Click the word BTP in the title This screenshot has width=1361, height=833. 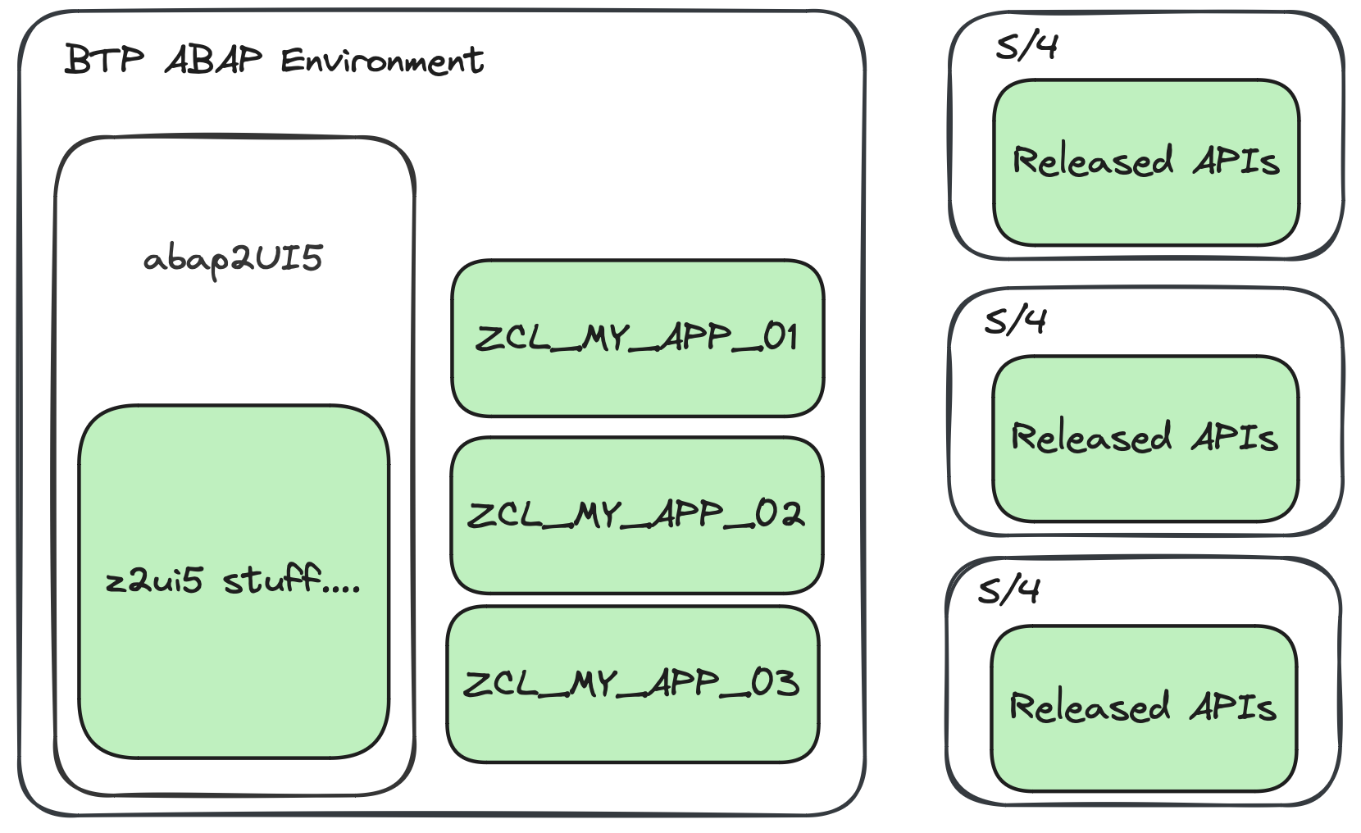pos(103,60)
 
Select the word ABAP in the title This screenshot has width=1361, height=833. pos(214,60)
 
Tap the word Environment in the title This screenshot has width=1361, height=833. pos(382,61)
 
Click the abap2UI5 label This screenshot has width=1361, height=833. pos(233,259)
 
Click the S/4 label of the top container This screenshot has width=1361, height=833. pos(1026,46)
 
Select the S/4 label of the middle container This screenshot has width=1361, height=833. pos(1016,321)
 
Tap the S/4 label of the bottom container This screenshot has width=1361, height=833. pos(1009,589)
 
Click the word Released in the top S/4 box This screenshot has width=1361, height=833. pos(1093,161)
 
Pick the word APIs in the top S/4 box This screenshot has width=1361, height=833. pos(1236,161)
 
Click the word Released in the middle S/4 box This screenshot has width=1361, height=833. pos(1091,437)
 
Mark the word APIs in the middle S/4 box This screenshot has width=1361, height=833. pos(1235,437)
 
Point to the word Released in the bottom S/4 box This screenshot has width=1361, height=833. pos(1090,707)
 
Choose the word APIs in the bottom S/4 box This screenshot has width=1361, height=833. pos(1233,707)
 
